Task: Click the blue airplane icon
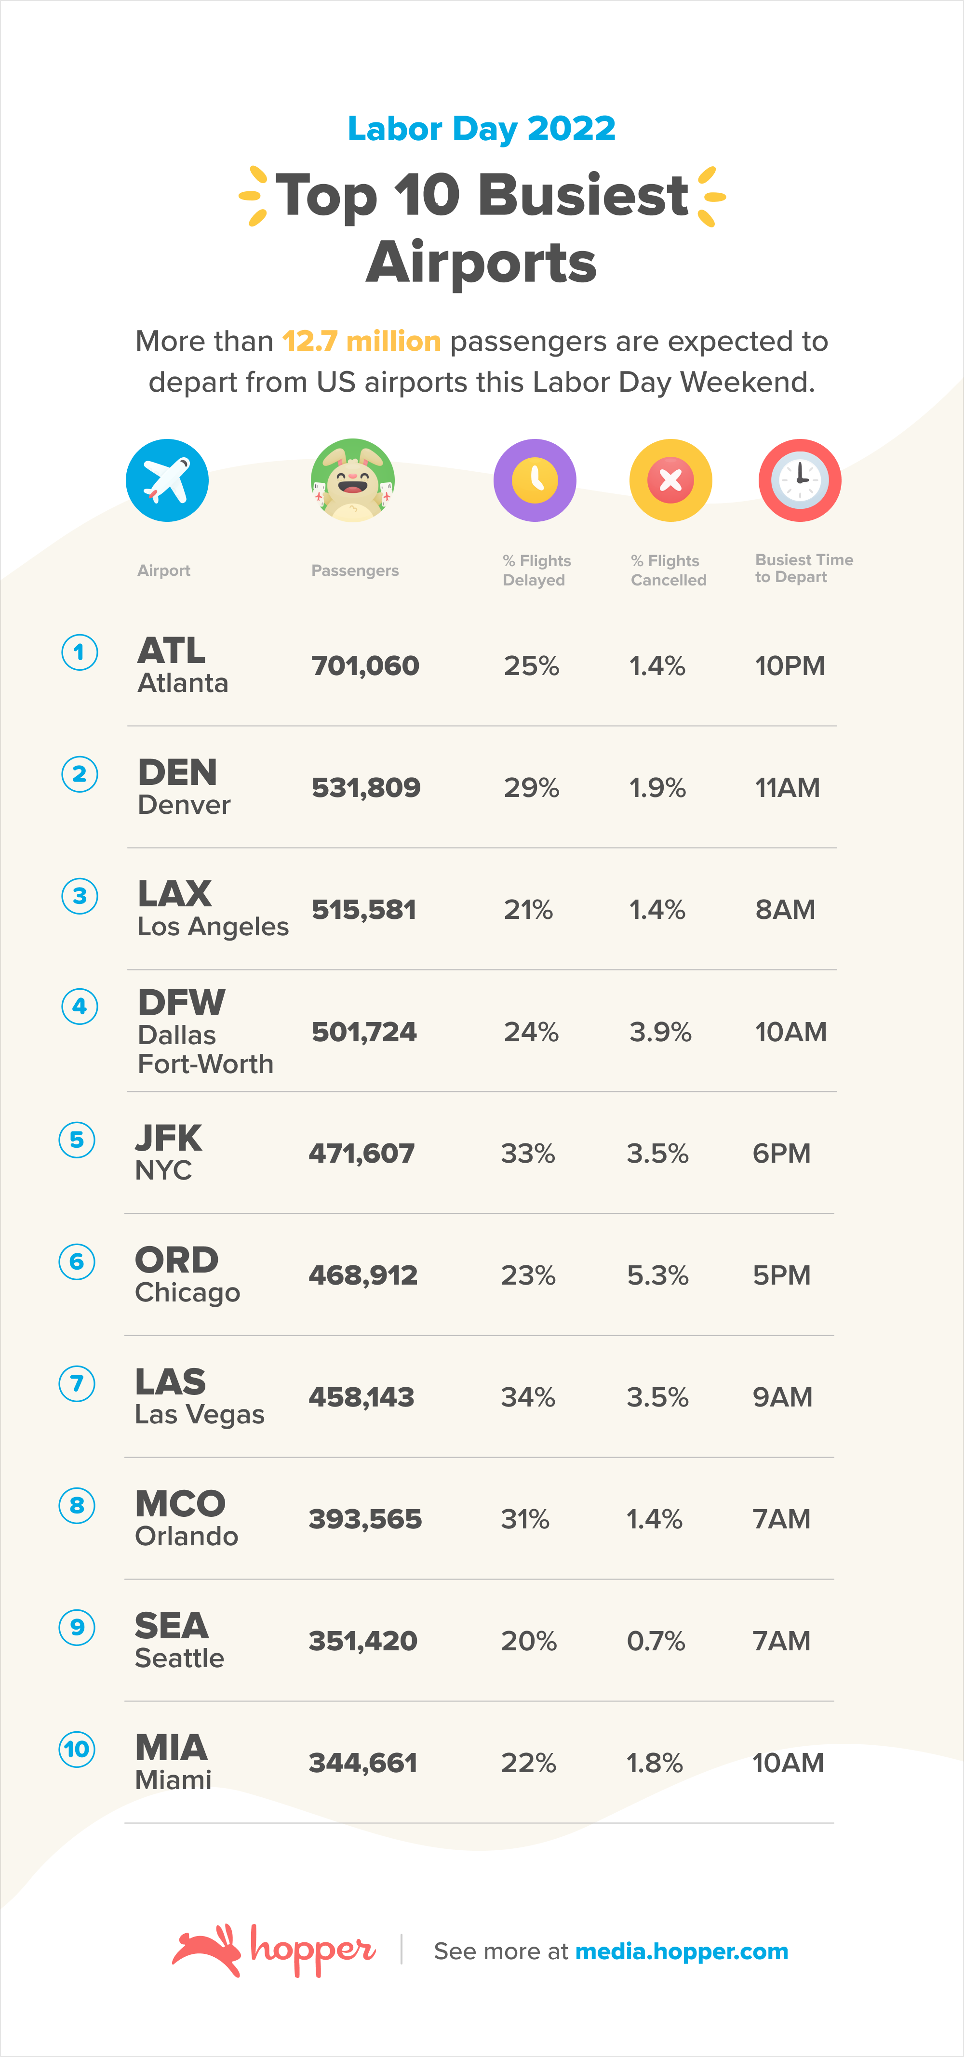point(167,480)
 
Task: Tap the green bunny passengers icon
point(352,480)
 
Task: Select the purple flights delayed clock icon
point(535,480)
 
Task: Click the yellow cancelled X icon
point(670,480)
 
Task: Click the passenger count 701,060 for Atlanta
point(365,665)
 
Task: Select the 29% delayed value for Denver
point(531,787)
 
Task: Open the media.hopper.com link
point(681,1951)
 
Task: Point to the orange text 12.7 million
point(361,341)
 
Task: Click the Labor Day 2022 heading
point(482,129)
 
